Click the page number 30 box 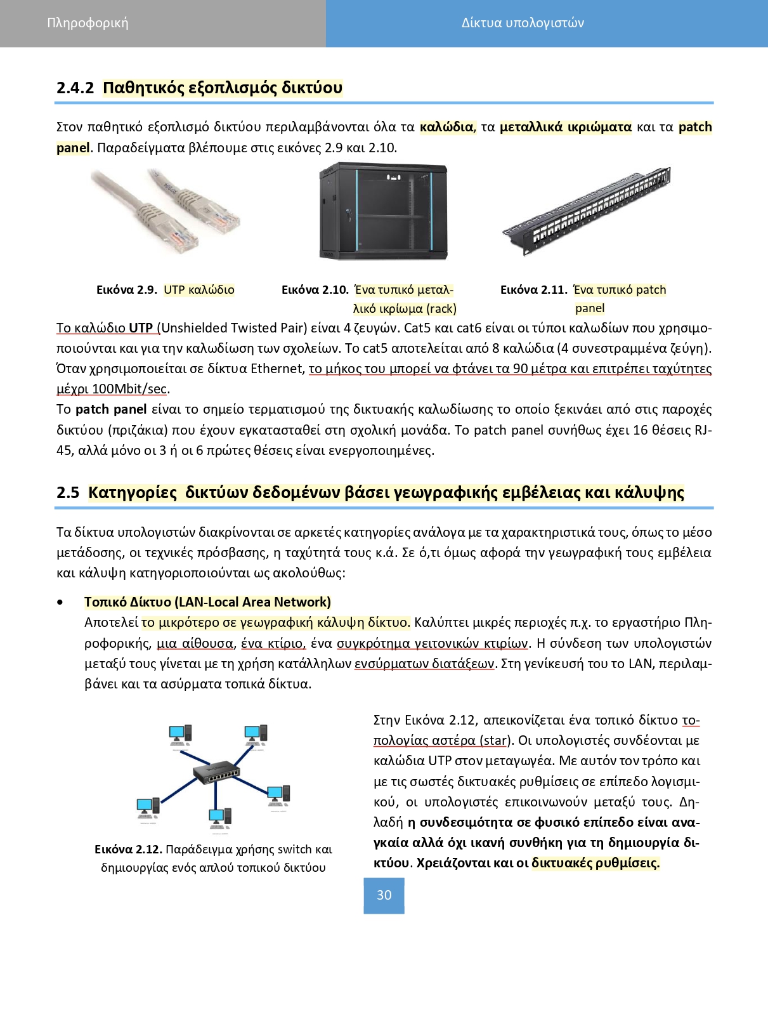pyautogui.click(x=384, y=895)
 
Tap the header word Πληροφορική pyautogui.click(x=88, y=23)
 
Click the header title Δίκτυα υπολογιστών pyautogui.click(x=523, y=23)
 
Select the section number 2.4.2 pyautogui.click(x=75, y=88)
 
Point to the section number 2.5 pyautogui.click(x=68, y=493)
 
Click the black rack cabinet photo pyautogui.click(x=383, y=211)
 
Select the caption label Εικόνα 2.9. pyautogui.click(x=127, y=290)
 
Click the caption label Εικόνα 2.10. pyautogui.click(x=315, y=290)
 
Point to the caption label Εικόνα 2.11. pyautogui.click(x=533, y=290)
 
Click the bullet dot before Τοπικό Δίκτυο pyautogui.click(x=60, y=602)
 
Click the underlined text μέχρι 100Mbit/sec pyautogui.click(x=112, y=389)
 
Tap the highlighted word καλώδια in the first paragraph pyautogui.click(x=446, y=127)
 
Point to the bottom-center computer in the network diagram pyautogui.click(x=219, y=819)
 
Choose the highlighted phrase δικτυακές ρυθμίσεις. pyautogui.click(x=596, y=863)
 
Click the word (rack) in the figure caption pyautogui.click(x=441, y=309)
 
